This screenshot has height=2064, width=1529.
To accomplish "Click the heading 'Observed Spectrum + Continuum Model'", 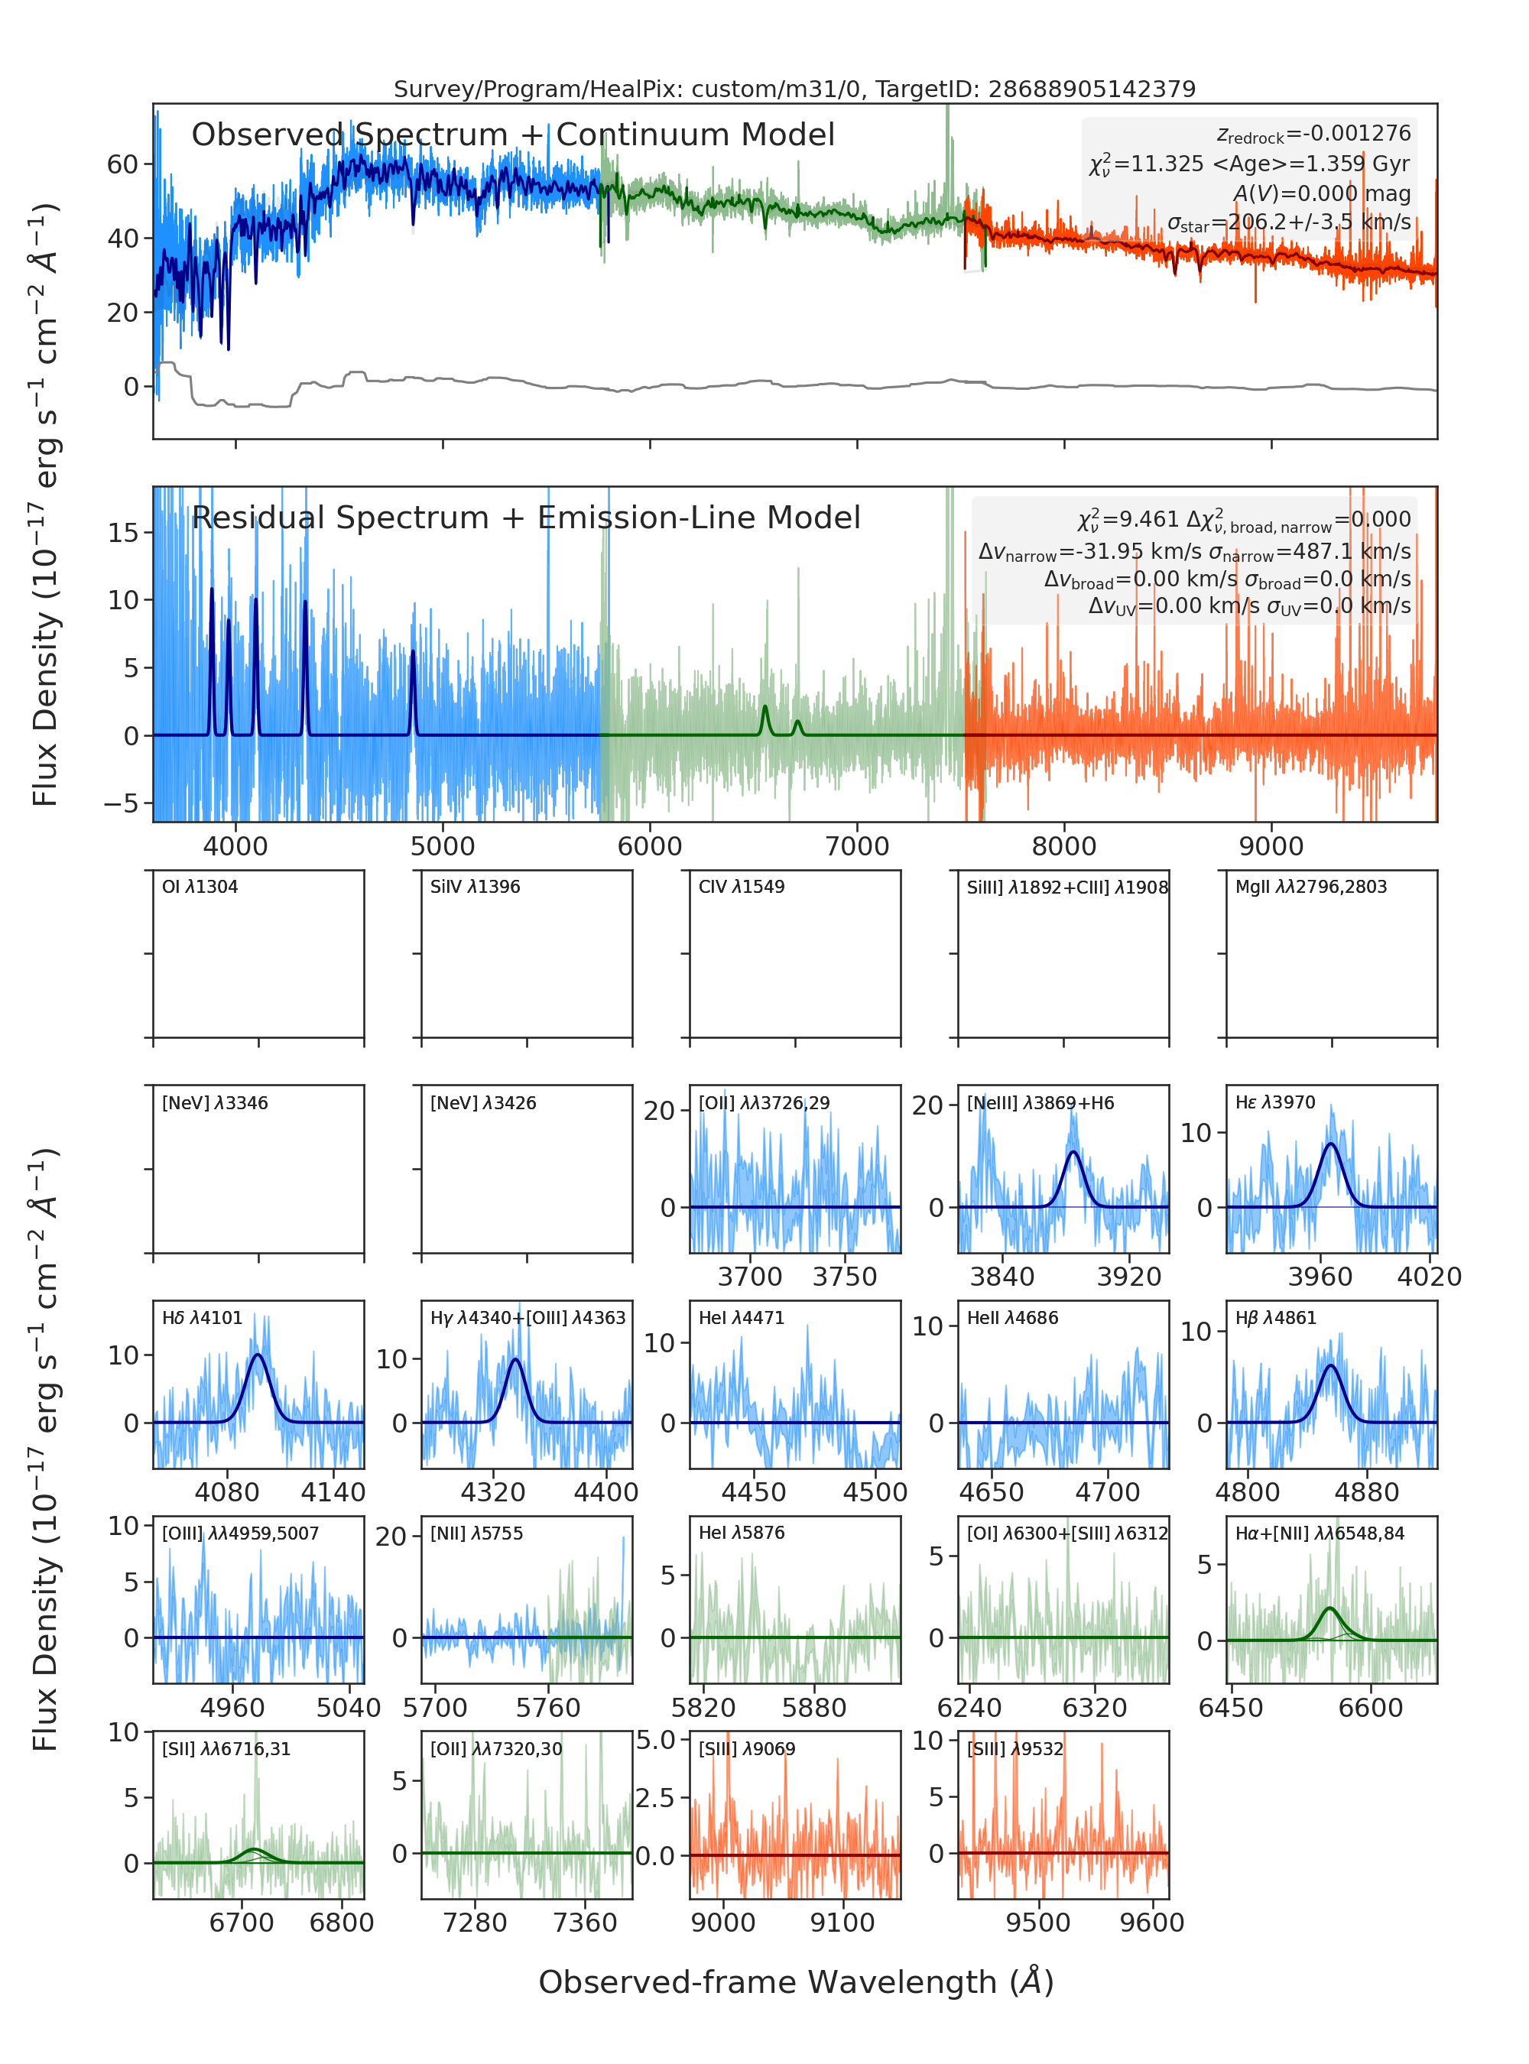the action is pos(513,135).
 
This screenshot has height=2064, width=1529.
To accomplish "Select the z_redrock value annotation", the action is pos(1313,135).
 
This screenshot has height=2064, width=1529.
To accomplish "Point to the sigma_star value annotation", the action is pos(1288,222).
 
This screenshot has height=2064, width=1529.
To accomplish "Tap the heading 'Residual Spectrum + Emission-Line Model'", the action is pos(526,518).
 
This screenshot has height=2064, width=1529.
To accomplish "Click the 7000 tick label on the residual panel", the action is pos(857,846).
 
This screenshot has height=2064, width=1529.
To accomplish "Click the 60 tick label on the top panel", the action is pos(122,165).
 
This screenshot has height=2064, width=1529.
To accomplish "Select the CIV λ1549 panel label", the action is pos(742,887).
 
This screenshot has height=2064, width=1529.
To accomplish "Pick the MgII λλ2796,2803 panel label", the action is pos(1310,887).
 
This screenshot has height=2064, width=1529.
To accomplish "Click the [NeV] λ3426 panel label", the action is pos(483,1102).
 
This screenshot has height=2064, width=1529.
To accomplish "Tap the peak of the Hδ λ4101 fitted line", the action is pos(258,1355).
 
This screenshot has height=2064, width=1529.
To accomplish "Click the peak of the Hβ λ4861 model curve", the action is pos(1331,1365).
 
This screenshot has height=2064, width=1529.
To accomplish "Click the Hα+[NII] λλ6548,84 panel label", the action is pos(1320,1533).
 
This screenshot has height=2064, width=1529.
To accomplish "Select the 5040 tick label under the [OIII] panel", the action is pos(349,1708).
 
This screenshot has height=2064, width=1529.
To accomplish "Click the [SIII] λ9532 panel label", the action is pos(1015,1748).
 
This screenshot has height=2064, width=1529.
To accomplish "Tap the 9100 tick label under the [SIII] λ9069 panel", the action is pos(842,1923).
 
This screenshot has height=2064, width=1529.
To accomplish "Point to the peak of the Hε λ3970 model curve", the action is pos(1331,1144).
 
